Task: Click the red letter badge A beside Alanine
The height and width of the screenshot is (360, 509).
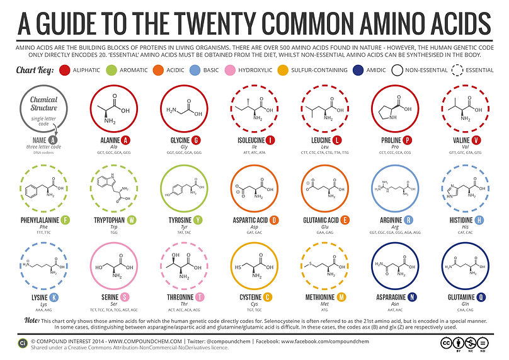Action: (x=126, y=140)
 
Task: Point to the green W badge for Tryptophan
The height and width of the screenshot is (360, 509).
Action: (x=132, y=221)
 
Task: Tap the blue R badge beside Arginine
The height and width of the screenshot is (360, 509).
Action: (x=409, y=221)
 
